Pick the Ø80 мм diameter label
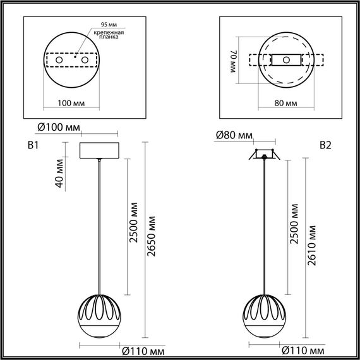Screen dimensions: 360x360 tap(234, 135)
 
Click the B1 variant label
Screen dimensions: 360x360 tap(33, 145)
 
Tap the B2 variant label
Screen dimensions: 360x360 tap(325, 145)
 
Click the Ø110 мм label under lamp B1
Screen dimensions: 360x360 tap(143, 349)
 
